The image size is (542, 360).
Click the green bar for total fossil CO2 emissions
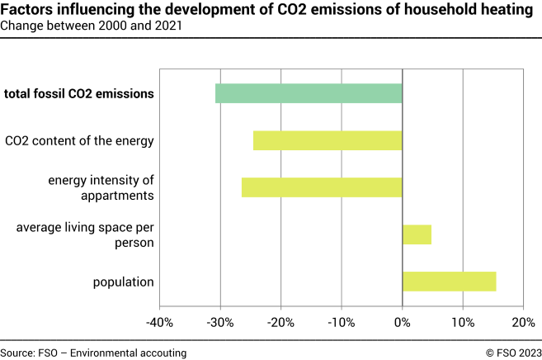pyautogui.click(x=309, y=93)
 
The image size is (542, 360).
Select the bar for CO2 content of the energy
pyautogui.click(x=328, y=140)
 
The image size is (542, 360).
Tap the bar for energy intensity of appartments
pyautogui.click(x=322, y=187)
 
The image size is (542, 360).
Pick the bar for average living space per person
pyautogui.click(x=417, y=234)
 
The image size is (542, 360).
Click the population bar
pyautogui.click(x=449, y=282)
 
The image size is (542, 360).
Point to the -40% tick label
pyautogui.click(x=159, y=321)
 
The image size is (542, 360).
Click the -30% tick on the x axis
pyautogui.click(x=220, y=321)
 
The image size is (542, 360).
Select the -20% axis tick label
pyautogui.click(x=281, y=321)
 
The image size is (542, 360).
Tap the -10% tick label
pyautogui.click(x=342, y=321)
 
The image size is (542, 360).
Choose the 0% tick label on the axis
pyautogui.click(x=403, y=321)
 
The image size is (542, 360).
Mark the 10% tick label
pyautogui.click(x=463, y=321)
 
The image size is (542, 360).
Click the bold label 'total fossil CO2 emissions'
pyautogui.click(x=79, y=93)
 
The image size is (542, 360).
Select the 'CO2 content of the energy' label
pyautogui.click(x=79, y=140)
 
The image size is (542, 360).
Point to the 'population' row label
pyautogui.click(x=124, y=282)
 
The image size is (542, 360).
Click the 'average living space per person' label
pyautogui.click(x=85, y=234)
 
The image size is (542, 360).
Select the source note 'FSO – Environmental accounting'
pyautogui.click(x=93, y=353)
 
